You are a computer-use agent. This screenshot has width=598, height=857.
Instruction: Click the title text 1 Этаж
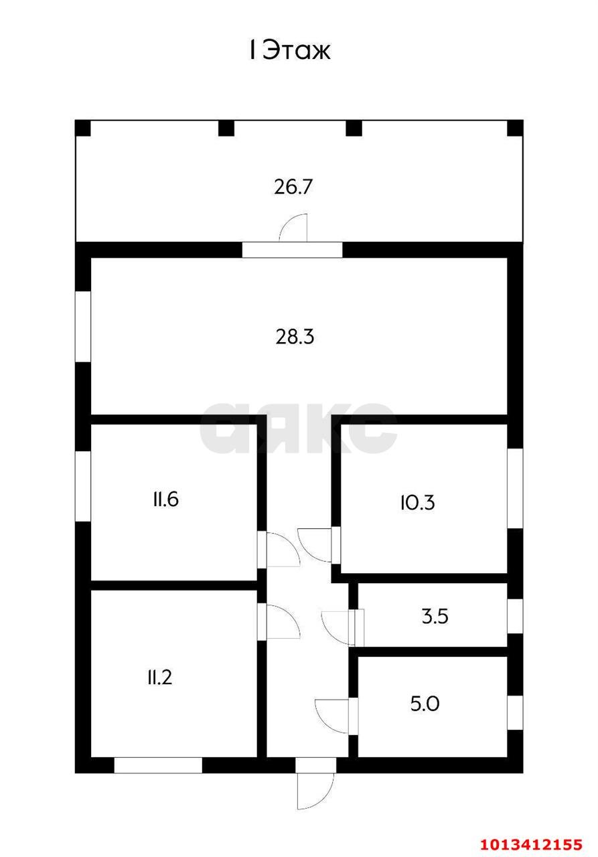[289, 50]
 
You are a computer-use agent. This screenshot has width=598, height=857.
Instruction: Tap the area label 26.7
[293, 187]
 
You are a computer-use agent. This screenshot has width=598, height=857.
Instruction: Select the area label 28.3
[295, 337]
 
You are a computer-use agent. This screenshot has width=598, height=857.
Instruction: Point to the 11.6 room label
[165, 499]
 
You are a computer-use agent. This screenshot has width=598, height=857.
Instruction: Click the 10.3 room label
[417, 503]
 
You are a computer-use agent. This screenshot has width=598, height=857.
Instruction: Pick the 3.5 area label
[435, 617]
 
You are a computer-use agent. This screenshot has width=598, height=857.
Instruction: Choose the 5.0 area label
[425, 704]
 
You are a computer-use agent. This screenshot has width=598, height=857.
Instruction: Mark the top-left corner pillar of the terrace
[82, 128]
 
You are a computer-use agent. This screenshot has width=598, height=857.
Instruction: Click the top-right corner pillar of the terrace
[515, 128]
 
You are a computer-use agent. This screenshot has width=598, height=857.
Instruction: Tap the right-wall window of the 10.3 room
[515, 489]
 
